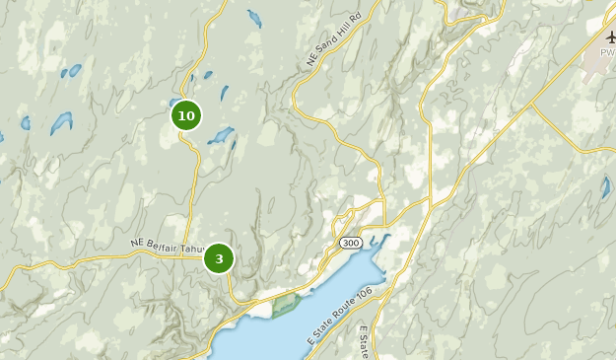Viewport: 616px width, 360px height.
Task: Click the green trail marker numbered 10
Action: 185,115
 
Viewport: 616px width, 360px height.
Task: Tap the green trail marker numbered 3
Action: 219,259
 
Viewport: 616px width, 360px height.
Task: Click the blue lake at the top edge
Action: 254,18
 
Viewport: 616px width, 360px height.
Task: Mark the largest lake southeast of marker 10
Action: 220,134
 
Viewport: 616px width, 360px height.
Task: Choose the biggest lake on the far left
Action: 61,122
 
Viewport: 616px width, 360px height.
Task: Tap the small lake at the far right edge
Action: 605,187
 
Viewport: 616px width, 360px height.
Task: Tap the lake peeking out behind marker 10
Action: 173,102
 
